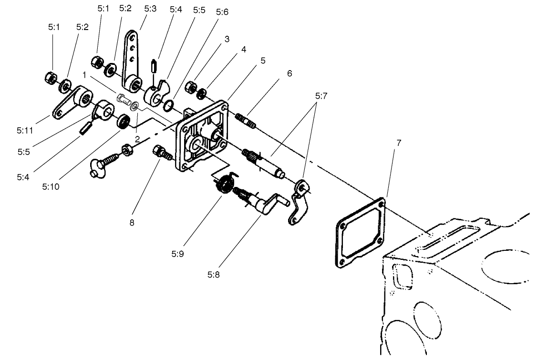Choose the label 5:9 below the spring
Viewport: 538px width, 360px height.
(177, 254)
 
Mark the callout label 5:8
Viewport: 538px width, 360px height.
(214, 274)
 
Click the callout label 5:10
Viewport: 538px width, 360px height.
(50, 186)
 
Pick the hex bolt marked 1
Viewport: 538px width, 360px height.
(124, 100)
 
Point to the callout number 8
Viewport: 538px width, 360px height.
(132, 222)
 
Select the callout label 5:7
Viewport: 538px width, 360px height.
(321, 96)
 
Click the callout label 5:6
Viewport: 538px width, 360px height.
(222, 12)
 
